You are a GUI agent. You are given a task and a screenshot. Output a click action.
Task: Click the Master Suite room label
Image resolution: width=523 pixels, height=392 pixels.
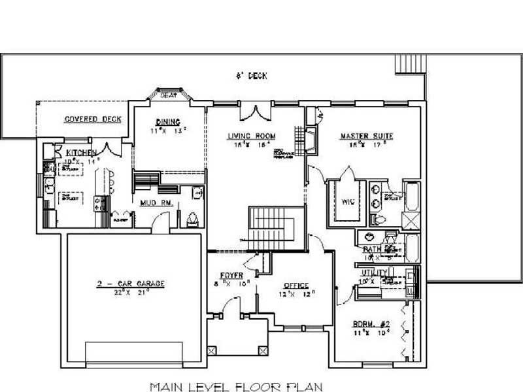(x=367, y=137)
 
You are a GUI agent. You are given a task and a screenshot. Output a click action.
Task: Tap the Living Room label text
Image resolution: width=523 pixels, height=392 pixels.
(x=252, y=137)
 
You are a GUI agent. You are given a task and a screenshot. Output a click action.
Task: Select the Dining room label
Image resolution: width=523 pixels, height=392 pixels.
(x=163, y=122)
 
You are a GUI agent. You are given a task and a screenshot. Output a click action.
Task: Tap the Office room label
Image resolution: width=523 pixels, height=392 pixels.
(x=296, y=286)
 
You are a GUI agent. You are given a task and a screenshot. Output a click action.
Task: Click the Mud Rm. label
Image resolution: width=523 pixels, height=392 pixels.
(x=156, y=203)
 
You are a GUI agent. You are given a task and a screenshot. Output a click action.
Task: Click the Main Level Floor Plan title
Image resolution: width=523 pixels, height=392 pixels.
(x=236, y=386)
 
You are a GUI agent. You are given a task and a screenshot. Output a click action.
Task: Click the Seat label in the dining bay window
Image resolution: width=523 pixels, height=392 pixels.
(x=169, y=95)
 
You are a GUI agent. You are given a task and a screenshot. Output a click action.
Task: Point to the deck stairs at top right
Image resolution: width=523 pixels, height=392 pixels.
(x=410, y=65)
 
